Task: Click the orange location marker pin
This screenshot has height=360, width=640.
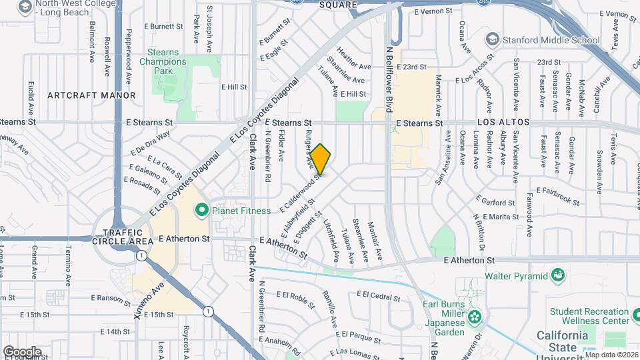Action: (321, 159)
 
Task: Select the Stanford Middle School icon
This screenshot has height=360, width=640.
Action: (492, 39)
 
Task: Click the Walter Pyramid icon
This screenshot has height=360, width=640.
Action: (557, 275)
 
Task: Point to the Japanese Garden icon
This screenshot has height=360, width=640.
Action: (474, 316)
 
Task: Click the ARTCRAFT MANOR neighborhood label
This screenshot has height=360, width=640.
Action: (91, 95)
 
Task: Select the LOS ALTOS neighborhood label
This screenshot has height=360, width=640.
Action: (503, 123)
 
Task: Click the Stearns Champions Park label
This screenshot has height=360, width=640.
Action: (163, 62)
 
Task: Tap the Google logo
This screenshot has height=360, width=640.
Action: (22, 351)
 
